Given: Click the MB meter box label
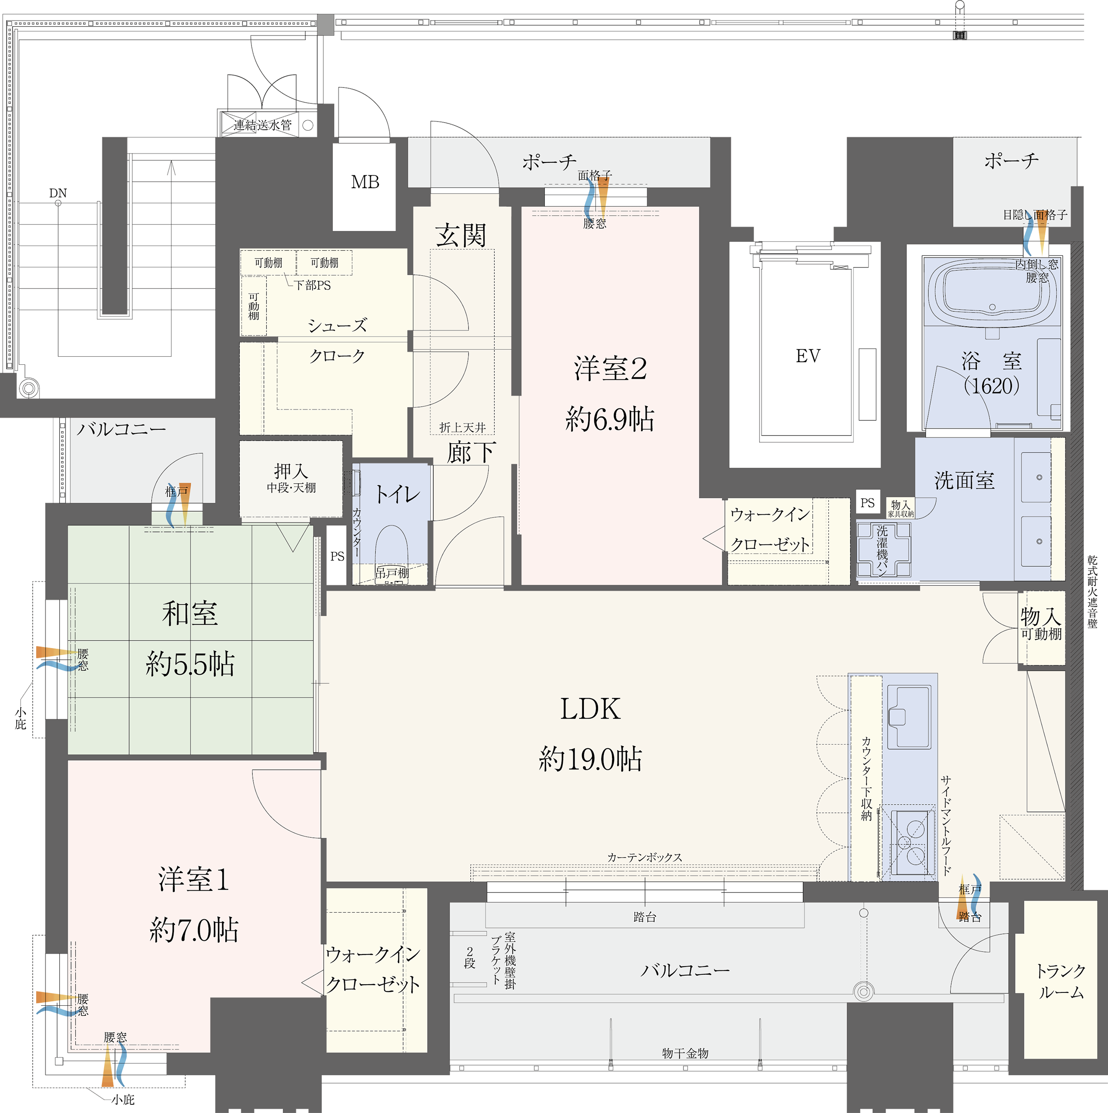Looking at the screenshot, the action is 365,182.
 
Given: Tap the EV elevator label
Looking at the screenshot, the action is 808,356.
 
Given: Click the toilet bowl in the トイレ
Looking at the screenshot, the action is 391,553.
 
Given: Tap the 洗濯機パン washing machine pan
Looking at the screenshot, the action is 883,550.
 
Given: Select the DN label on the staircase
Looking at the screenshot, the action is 58,193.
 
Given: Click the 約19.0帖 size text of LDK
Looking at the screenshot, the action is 590,759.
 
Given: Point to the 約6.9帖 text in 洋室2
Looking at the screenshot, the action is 610,419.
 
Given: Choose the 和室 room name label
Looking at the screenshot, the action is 190,613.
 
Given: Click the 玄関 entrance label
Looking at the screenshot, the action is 461,235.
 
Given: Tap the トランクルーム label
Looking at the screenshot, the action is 1061,982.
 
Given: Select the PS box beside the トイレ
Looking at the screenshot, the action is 337,556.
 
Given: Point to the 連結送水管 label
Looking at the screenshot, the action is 263,125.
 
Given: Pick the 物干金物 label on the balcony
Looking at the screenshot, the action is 685,1054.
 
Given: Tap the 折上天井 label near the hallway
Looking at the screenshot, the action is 462,427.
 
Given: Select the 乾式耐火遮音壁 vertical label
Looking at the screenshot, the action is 1092,592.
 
